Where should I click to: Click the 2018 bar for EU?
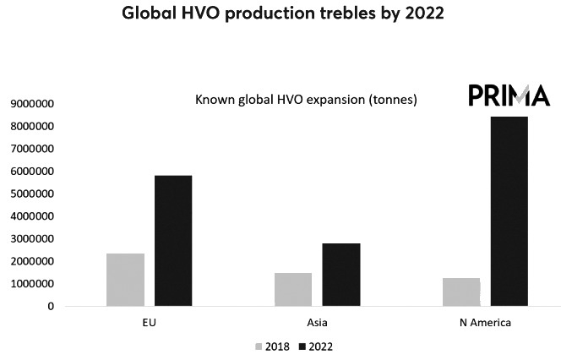tap(125, 280)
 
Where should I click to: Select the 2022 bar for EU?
tap(172, 241)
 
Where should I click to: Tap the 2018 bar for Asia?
tap(293, 289)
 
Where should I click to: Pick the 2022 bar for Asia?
tap(340, 275)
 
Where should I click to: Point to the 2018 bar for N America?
tap(461, 292)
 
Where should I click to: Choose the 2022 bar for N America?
tap(509, 211)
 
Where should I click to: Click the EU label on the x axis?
tap(149, 323)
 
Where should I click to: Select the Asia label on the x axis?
tap(317, 323)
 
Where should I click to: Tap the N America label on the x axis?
tap(485, 323)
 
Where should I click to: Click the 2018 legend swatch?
tap(258, 346)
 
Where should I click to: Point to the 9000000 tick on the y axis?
tap(31, 104)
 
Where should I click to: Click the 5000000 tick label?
tap(31, 194)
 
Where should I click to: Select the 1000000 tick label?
tap(31, 284)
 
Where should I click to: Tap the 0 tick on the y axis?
tap(51, 307)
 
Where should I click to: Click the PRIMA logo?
tap(509, 95)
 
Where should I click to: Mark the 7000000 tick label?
tap(31, 149)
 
